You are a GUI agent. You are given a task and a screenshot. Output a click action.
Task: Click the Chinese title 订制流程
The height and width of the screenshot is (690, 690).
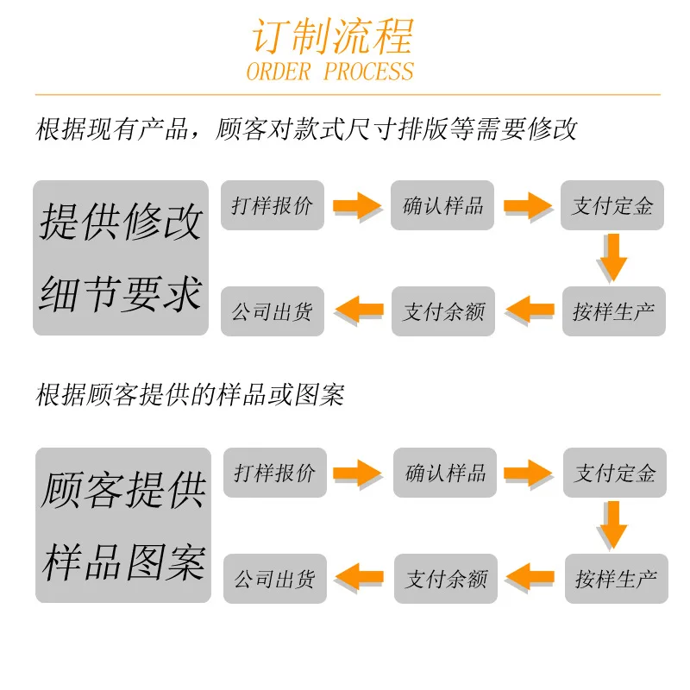[332, 35]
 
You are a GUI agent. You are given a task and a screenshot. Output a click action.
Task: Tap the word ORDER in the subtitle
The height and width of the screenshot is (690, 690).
[279, 72]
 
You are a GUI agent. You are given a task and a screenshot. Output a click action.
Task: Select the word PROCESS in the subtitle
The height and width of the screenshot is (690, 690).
[369, 72]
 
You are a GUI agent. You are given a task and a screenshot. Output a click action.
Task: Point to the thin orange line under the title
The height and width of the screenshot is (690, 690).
[348, 94]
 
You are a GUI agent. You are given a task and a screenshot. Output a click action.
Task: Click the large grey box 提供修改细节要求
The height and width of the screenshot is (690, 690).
[121, 258]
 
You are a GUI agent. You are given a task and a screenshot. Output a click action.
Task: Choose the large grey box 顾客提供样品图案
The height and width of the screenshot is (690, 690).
[123, 525]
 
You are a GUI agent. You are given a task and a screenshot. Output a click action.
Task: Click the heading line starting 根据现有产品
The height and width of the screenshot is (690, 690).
[306, 129]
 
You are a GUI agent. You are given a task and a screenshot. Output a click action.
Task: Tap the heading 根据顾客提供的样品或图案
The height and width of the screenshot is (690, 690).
[190, 395]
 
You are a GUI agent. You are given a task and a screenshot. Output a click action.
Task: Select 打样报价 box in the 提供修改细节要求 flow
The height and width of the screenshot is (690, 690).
[273, 205]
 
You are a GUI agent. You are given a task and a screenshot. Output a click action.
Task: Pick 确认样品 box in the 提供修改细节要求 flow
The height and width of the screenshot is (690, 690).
[442, 205]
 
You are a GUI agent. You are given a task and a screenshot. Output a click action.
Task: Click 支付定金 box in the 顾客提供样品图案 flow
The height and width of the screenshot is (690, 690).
[615, 473]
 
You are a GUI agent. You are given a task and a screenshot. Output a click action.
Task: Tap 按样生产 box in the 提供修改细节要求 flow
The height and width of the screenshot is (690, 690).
[614, 311]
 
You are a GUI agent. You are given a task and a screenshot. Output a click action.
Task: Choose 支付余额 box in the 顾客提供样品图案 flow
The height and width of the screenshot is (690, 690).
[446, 579]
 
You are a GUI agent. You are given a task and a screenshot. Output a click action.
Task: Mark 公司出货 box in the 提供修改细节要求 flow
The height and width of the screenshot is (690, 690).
[273, 311]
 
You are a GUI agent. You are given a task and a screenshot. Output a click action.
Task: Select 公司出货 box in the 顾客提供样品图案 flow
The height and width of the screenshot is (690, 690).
[275, 579]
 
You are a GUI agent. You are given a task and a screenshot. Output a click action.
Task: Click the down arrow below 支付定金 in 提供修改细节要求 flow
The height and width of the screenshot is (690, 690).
[612, 258]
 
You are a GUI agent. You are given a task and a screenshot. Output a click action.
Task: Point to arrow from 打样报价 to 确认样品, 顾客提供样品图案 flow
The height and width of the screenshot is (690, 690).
[357, 473]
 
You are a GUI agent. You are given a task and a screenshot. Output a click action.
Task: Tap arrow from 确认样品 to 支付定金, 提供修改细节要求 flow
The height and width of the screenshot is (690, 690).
[528, 205]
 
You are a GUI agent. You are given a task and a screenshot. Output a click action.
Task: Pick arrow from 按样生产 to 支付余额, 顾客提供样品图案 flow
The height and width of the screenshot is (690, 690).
[530, 577]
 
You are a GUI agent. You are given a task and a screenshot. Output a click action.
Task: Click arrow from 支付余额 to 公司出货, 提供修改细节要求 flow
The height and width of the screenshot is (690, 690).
[360, 310]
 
